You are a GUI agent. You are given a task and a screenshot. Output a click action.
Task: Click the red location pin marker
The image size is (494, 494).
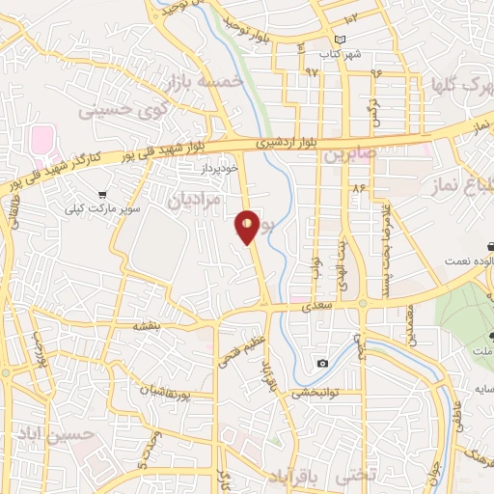248,227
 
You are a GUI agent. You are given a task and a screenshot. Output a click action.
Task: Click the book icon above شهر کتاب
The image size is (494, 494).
352,41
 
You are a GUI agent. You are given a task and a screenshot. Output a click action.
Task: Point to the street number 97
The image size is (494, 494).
311,72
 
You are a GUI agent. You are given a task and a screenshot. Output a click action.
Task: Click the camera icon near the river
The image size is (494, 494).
322,363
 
